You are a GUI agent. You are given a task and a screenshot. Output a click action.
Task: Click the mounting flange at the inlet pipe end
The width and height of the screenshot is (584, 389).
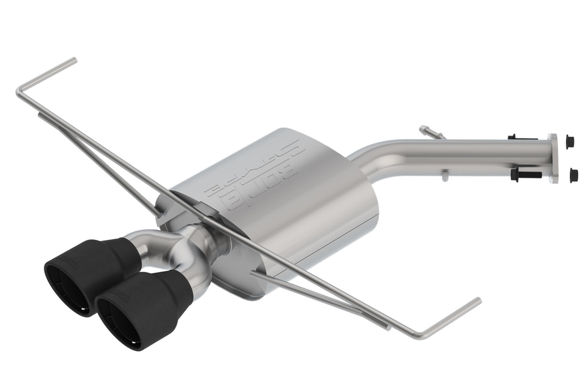[x=553, y=158]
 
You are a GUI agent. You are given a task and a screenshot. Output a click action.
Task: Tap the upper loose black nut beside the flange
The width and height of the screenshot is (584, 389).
[x=570, y=142]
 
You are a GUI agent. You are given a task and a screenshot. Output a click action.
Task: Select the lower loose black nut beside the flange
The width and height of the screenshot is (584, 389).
[x=573, y=175]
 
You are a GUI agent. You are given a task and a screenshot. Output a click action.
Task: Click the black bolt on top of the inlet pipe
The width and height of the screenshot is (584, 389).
[x=522, y=138]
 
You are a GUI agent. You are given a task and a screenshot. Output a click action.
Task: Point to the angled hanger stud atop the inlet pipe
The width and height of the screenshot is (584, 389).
[x=432, y=133]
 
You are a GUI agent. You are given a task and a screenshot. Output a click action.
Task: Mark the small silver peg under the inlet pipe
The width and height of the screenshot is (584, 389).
[x=445, y=176]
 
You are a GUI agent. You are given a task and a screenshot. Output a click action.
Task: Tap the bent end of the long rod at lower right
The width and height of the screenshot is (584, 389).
[x=476, y=301]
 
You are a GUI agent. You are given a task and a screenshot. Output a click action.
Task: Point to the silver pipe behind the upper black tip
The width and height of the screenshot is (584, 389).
[x=137, y=240]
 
